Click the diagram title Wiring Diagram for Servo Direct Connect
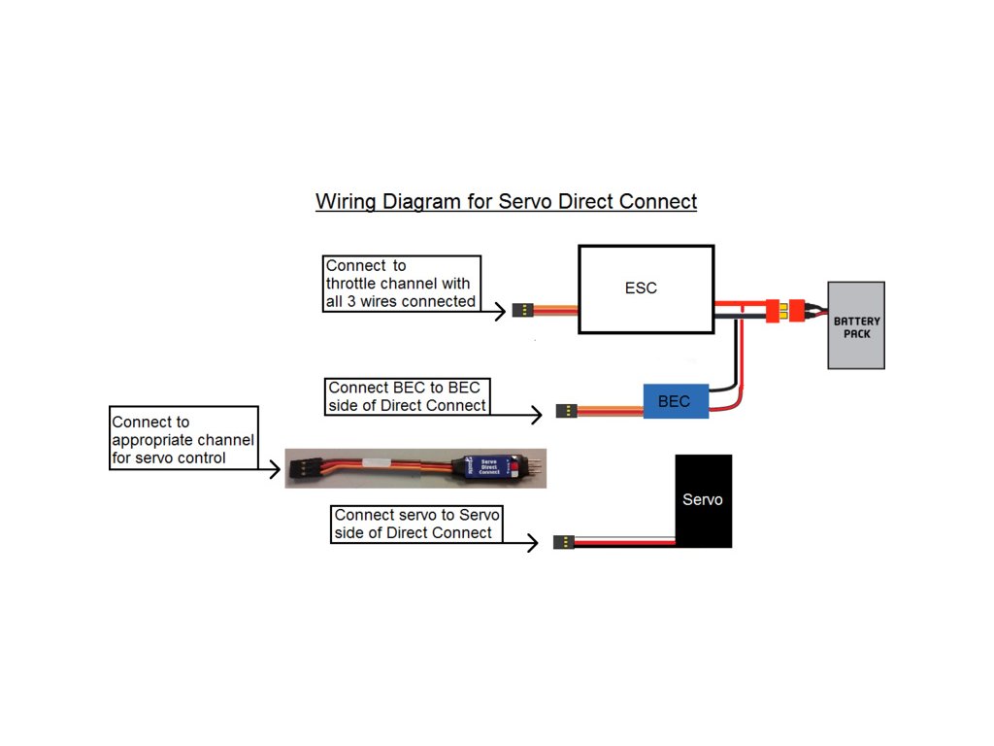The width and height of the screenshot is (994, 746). [x=506, y=202]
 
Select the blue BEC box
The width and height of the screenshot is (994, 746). [x=676, y=400]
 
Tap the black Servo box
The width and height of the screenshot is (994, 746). [x=703, y=500]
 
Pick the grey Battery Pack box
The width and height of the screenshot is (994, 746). [x=856, y=325]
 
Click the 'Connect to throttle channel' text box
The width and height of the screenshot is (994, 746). [x=402, y=284]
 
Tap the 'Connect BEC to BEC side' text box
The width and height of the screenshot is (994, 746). [x=407, y=396]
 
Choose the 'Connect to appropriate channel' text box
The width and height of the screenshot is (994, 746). [x=183, y=439]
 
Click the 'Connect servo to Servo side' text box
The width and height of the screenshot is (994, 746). [x=417, y=524]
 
